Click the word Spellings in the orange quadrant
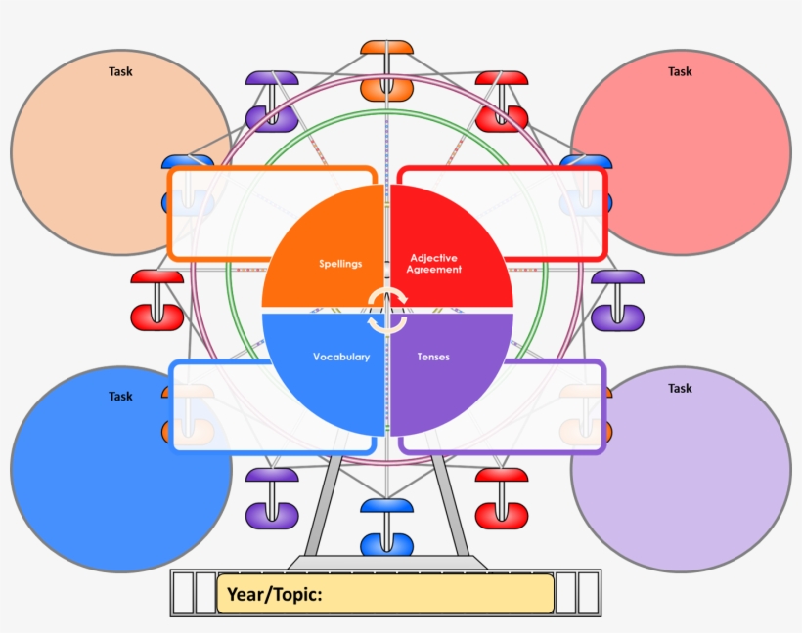point(340,264)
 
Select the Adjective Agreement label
point(435,264)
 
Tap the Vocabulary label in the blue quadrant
point(341,357)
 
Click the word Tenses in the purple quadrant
point(433,357)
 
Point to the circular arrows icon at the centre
point(387,311)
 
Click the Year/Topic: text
point(275,594)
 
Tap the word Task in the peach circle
point(120,71)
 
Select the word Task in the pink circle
point(680,71)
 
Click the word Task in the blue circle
point(120,397)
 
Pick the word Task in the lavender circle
point(680,389)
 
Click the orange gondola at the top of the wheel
point(386,70)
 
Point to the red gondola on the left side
point(157,301)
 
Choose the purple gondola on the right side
point(617,301)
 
